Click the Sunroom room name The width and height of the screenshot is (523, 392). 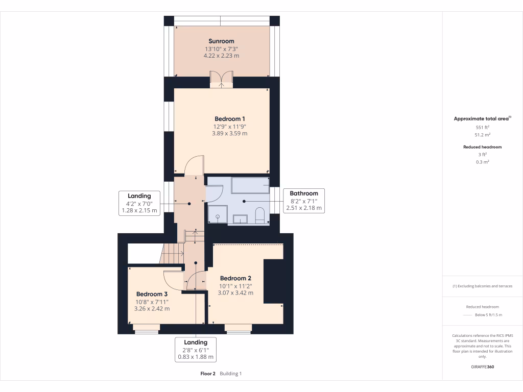pos(221,41)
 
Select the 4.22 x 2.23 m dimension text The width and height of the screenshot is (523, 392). pos(221,56)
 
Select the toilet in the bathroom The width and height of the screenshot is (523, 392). pos(259,215)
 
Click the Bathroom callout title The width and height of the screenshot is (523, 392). pos(304,193)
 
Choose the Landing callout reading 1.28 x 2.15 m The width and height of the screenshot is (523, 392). pos(139,203)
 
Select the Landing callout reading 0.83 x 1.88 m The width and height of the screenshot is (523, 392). pos(196,350)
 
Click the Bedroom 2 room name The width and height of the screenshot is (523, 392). pos(235,278)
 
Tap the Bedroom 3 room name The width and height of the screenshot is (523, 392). pos(152,294)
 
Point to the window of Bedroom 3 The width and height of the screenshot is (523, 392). pos(147,328)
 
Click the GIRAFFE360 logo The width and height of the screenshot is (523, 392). pos(483,366)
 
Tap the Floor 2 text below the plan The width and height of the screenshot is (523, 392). pos(208,374)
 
